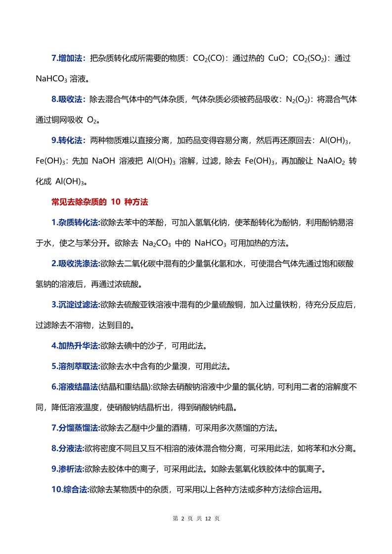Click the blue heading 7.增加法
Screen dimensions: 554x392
coord(69,58)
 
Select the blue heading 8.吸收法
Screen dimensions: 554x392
coord(69,99)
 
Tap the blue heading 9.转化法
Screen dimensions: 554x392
coord(69,141)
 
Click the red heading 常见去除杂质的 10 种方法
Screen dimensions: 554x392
coord(100,202)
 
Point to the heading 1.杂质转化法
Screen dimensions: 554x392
coord(75,223)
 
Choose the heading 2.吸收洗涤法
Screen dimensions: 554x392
coord(75,264)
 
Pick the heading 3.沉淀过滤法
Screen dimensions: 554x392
coord(75,305)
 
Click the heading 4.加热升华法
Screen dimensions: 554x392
coord(75,346)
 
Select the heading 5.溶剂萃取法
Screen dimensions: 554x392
coord(75,366)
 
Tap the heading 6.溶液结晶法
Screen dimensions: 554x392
coord(75,387)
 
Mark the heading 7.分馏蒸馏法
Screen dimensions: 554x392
coord(75,428)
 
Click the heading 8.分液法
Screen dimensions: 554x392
coord(68,448)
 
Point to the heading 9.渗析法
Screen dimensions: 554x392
coord(68,469)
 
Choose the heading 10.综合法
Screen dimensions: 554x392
coord(70,489)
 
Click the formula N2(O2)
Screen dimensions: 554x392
coord(298,99)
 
